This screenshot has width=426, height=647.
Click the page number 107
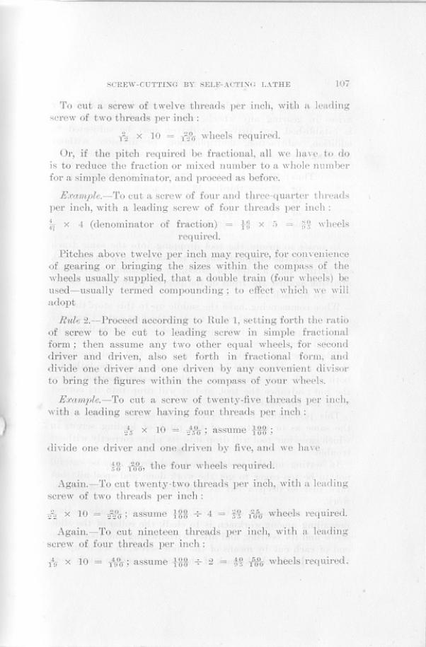pyautogui.click(x=342, y=83)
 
